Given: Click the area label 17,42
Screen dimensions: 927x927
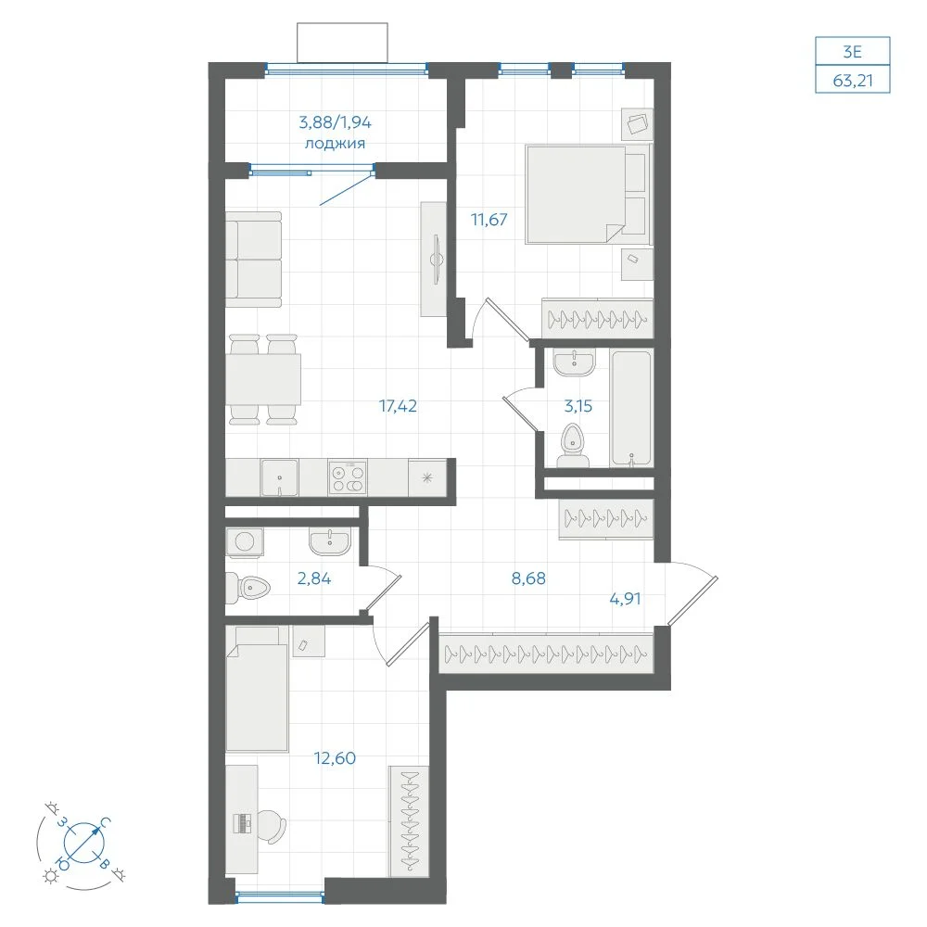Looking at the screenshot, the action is [398, 406].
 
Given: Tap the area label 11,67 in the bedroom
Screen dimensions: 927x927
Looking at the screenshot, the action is [489, 220].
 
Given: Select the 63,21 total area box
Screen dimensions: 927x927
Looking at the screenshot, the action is [853, 80].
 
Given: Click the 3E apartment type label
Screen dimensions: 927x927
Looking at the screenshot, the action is [853, 52].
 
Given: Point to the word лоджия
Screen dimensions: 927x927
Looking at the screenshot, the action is [335, 144].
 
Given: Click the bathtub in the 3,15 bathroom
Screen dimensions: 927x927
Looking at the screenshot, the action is [632, 408].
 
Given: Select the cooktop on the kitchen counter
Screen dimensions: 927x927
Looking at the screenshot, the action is [348, 477].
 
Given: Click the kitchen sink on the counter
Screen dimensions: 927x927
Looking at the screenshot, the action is [280, 477].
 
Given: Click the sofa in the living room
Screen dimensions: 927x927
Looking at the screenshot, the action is [254, 260].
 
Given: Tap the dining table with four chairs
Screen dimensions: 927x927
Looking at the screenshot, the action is [263, 379].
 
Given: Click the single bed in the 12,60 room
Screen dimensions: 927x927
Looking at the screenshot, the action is [257, 690].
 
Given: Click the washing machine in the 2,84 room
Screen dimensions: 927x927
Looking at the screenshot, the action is [244, 542].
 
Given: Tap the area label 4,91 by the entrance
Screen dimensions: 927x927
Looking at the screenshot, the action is [625, 599].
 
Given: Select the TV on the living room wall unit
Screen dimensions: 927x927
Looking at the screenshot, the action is [437, 260].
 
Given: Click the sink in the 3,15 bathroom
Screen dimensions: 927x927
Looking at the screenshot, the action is [574, 362].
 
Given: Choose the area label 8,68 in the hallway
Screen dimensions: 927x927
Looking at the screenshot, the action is [528, 578].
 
